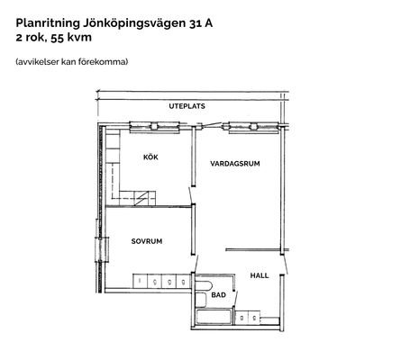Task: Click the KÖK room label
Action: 150,157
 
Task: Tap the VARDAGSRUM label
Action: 235,164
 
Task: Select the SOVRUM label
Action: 147,241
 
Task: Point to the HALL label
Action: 260,275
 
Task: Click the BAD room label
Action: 218,295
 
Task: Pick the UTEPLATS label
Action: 187,106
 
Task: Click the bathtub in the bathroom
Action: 214,317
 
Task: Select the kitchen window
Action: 154,127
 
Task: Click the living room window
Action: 254,127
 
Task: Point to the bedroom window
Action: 102,249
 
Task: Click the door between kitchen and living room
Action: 191,195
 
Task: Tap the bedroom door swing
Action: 196,264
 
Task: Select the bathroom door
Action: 235,298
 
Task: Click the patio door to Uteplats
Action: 209,124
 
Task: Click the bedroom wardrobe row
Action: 161,282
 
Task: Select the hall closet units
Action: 248,318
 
